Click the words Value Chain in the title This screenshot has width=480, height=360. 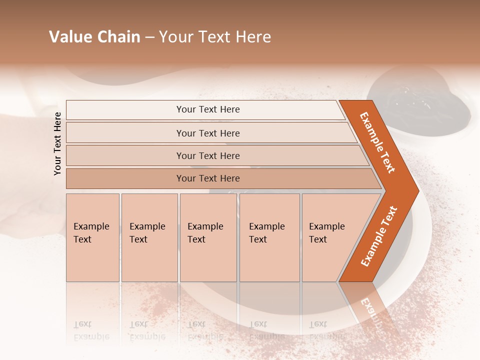pos(94,37)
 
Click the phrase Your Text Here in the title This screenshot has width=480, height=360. pos(215,37)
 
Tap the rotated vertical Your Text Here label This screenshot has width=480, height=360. pos(57,143)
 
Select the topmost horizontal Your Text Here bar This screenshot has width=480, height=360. pos(207,109)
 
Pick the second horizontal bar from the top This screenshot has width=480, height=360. pos(207,133)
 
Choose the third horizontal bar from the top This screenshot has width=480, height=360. pos(207,155)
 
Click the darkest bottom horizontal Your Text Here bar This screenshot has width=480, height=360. pos(207,178)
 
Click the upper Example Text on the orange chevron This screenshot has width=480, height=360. pos(377,142)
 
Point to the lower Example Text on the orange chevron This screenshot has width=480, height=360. pos(379,236)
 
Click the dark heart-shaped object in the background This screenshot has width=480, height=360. pos(420,100)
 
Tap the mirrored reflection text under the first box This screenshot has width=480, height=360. pos(91,330)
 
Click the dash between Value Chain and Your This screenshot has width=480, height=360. pos(149,37)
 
